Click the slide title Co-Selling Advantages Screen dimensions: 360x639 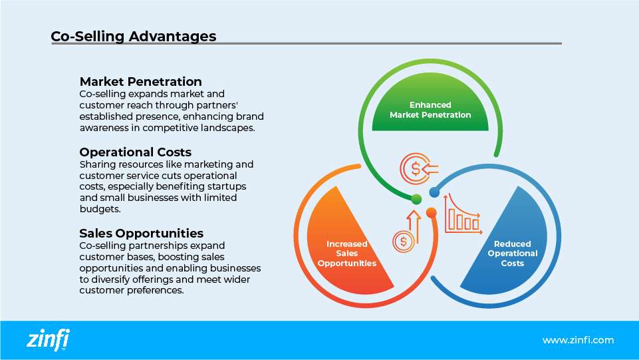(133, 36)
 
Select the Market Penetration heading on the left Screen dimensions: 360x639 (140, 82)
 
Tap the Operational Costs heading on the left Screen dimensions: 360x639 (135, 152)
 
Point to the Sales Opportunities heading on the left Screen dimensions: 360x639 (141, 233)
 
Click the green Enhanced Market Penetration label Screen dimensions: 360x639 (430, 110)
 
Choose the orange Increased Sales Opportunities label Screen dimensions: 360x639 (346, 254)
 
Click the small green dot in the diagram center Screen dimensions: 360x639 (416, 198)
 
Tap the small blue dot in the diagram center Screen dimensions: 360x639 (434, 192)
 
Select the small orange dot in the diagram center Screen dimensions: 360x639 (431, 213)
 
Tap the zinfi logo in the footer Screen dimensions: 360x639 (48, 340)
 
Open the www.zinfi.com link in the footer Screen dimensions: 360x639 (578, 340)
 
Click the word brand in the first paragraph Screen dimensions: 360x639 (241, 117)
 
